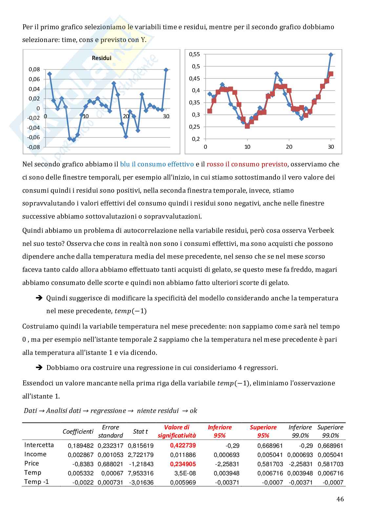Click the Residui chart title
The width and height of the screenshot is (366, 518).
(101, 58)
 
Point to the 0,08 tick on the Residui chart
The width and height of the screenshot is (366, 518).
(34, 69)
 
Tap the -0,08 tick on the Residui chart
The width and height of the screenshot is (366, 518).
(33, 147)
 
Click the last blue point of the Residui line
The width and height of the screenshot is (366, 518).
(166, 70)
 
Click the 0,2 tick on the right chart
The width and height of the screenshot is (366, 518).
(196, 139)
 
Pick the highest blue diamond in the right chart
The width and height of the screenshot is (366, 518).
(331, 55)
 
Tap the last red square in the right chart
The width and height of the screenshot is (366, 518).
(331, 74)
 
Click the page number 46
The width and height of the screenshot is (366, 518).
(340, 499)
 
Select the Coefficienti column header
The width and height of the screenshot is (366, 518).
(78, 431)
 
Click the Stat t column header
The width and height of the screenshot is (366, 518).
(140, 431)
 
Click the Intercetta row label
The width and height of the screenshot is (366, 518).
(39, 445)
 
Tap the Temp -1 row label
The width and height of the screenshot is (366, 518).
(37, 482)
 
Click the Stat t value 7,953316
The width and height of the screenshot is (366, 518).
(140, 473)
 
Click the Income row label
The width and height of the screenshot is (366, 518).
(35, 454)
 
